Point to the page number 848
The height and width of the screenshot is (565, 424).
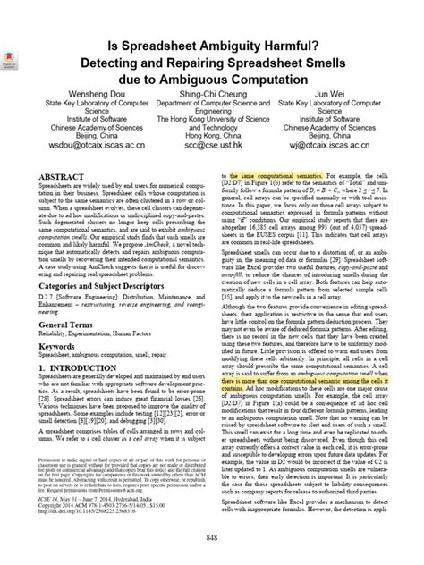(x=211, y=535)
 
